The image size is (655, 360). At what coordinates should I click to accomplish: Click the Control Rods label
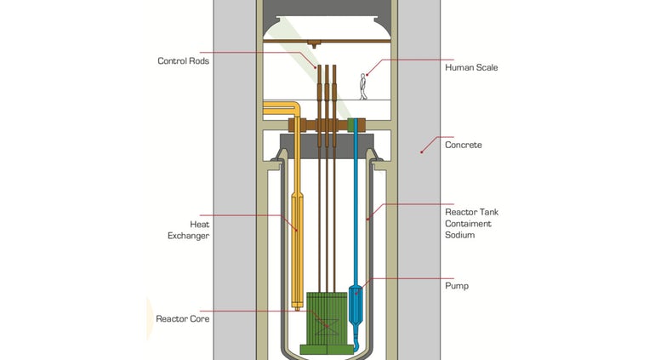(x=183, y=61)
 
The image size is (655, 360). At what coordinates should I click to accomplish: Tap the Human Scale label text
(x=471, y=68)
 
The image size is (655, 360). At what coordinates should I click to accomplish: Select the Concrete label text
(x=464, y=145)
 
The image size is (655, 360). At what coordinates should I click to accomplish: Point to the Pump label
(x=457, y=286)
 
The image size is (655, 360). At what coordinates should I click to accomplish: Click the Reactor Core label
(x=183, y=319)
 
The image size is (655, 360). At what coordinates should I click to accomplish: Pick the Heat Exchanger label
(x=188, y=230)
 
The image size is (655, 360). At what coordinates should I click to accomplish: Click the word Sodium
(x=459, y=235)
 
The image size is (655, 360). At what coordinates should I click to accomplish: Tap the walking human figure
(x=363, y=87)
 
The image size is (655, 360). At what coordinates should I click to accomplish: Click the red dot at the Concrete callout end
(x=421, y=152)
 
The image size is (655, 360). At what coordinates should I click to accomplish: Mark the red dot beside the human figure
(x=367, y=75)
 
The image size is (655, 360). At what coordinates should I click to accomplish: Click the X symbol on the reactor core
(x=327, y=326)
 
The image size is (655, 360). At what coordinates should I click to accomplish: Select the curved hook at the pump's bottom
(x=356, y=344)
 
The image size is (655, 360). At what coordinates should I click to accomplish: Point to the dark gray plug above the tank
(x=326, y=146)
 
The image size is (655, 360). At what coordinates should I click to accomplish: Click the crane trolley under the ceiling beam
(x=314, y=43)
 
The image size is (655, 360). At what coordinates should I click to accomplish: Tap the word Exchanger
(x=188, y=236)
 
